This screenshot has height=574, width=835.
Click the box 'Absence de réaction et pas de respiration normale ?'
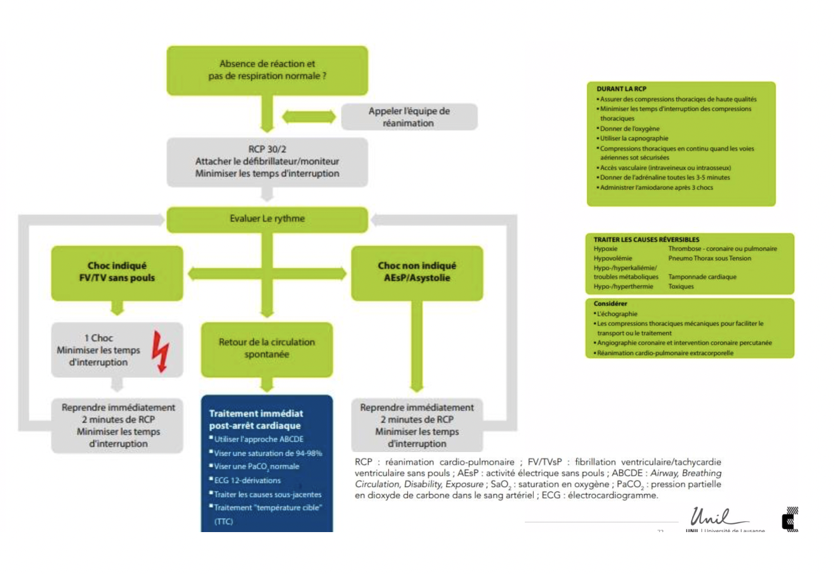point(267,70)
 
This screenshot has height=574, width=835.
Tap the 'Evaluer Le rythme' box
point(267,219)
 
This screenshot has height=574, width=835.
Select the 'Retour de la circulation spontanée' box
point(267,349)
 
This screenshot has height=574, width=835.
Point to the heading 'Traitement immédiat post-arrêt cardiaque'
point(254,419)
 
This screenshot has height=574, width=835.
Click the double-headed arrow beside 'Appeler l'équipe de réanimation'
point(308,117)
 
